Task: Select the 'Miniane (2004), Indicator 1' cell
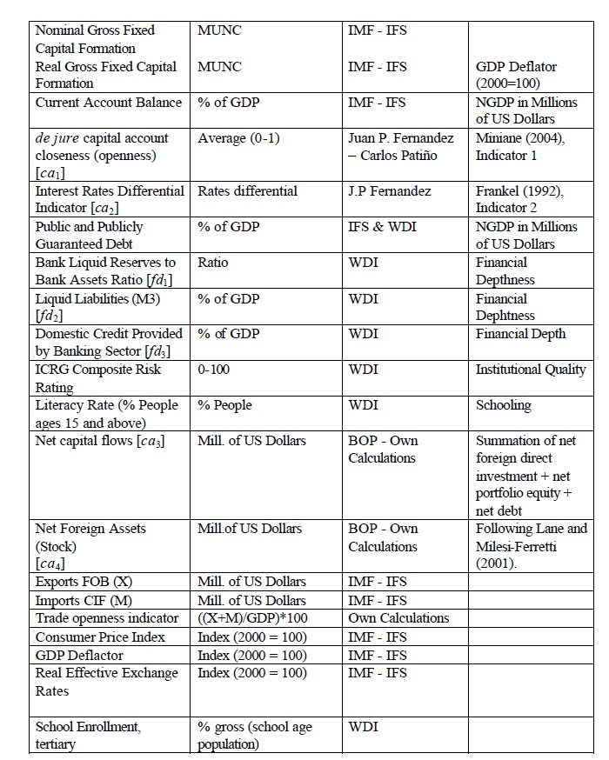[519, 146]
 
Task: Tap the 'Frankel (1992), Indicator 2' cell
[519, 199]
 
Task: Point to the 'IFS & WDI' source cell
[384, 226]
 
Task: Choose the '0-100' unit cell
[215, 370]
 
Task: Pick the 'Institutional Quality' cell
[531, 370]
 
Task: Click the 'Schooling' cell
[503, 405]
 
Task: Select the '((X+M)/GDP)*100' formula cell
[253, 618]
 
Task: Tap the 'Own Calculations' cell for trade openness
[398, 618]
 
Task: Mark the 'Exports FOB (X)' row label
[84, 582]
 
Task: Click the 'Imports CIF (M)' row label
[84, 600]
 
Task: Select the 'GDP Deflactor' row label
[79, 655]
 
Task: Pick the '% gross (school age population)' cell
[254, 735]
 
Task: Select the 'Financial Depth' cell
[520, 334]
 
